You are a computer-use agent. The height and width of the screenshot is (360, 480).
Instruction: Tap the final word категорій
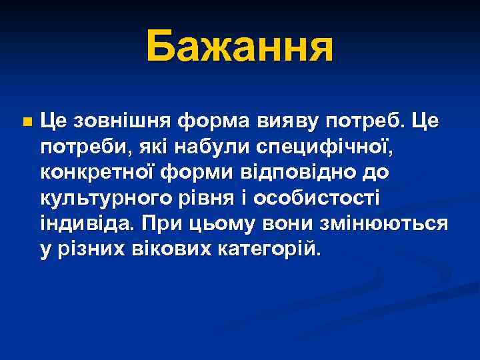(267, 249)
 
